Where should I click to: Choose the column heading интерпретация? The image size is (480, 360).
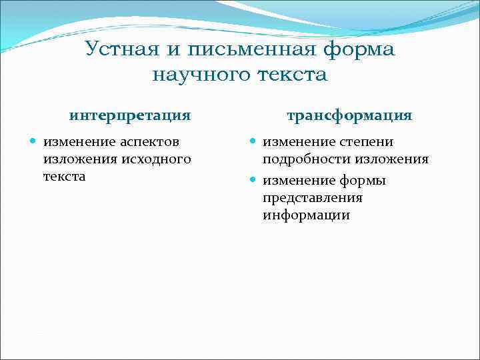point(130,115)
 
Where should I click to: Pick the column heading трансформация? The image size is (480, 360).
point(349,115)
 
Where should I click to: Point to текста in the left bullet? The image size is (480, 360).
point(64,177)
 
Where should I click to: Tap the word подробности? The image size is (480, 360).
point(307,160)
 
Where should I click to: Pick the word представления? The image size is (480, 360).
point(312,198)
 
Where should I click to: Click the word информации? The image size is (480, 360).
point(306,215)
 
